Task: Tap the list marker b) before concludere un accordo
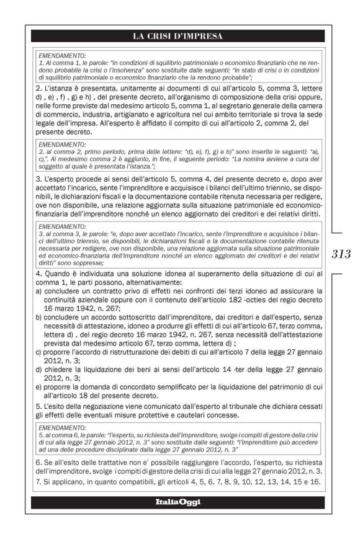(38, 315)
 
